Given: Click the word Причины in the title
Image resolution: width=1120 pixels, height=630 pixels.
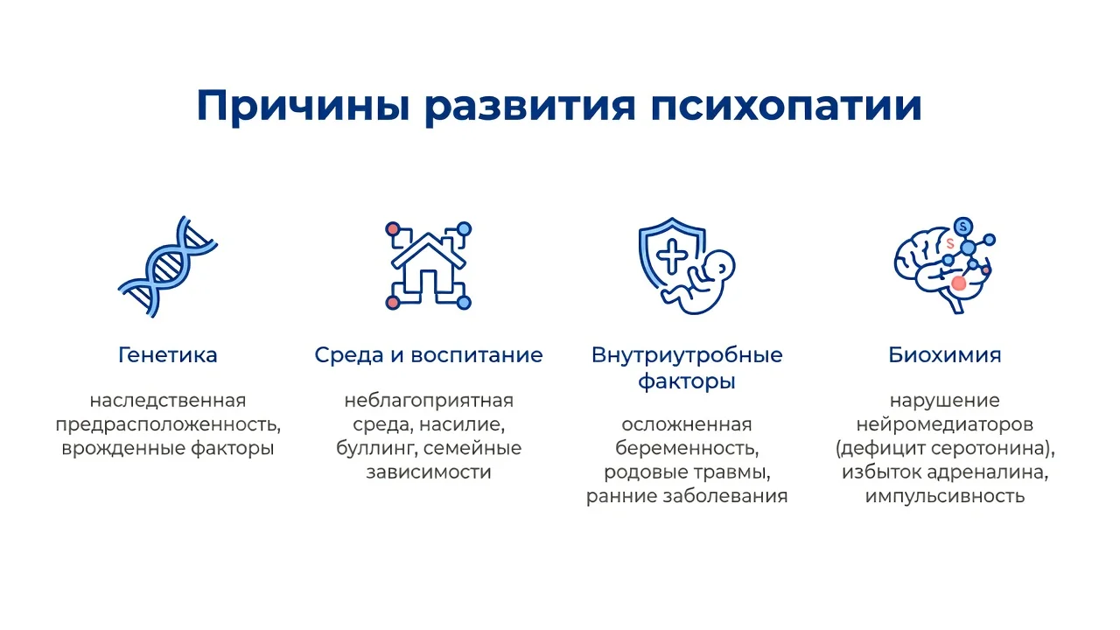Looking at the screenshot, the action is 304,106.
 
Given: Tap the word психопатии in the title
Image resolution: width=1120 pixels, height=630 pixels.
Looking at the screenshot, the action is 786,106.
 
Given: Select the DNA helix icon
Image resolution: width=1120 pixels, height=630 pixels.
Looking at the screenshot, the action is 168,267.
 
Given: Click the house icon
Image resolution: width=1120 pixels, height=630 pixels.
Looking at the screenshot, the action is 429,266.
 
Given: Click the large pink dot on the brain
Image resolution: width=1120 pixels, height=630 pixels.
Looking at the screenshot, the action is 958,283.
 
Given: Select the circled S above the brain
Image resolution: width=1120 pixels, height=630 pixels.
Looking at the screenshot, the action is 963,227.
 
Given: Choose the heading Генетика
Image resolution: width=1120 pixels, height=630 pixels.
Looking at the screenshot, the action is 168,355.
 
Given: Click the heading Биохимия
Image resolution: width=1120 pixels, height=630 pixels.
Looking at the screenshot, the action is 945,355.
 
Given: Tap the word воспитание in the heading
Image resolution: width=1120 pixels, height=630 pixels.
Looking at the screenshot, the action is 477,356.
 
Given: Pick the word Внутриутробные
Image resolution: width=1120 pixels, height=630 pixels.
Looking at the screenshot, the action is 687,356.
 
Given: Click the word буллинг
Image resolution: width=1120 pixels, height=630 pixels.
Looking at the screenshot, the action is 377,449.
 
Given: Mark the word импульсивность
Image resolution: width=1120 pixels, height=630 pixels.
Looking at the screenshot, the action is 945,496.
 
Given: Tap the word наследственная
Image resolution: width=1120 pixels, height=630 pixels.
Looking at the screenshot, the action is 168,401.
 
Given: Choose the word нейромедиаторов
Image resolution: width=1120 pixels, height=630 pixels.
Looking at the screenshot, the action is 945,424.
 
